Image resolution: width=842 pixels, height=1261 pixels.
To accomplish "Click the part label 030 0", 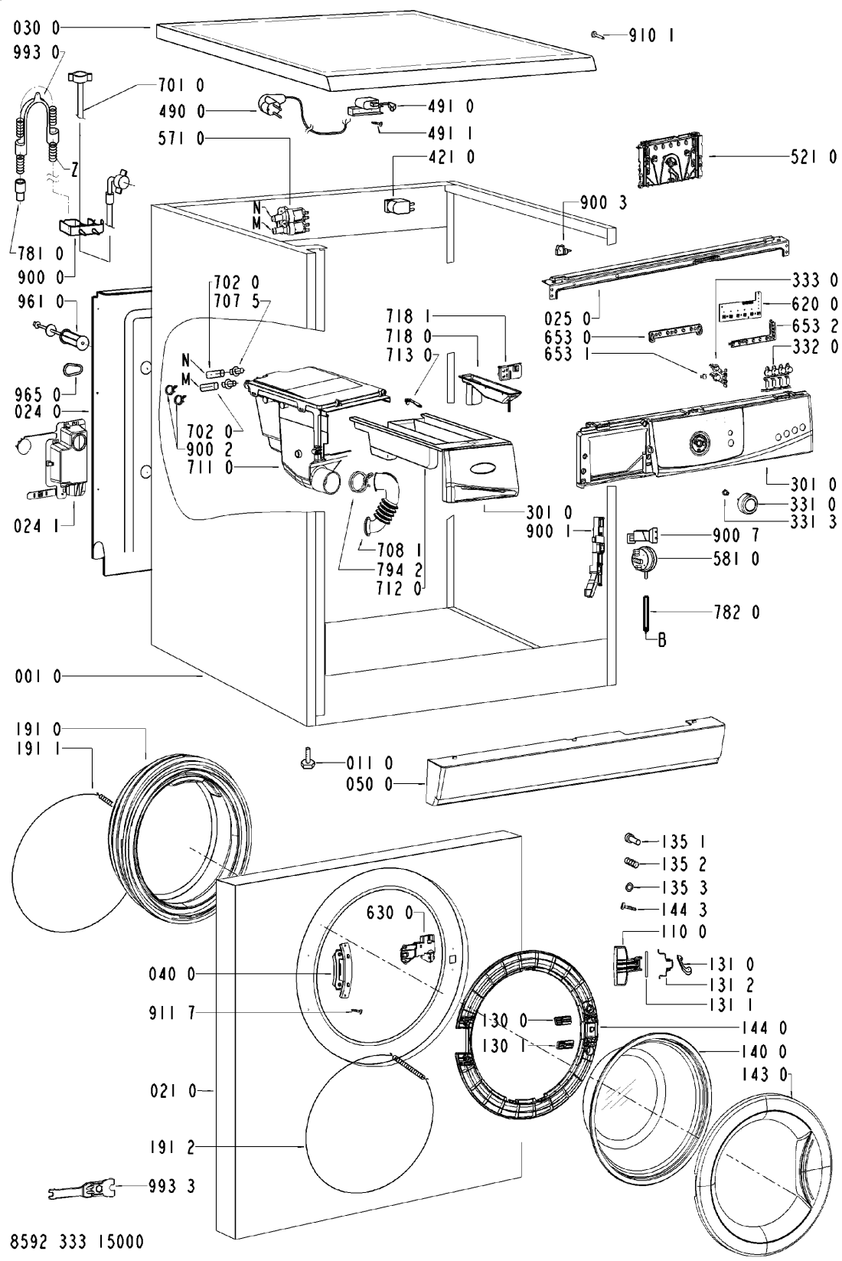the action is [37, 28].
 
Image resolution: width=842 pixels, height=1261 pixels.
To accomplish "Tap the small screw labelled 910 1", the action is [597, 35].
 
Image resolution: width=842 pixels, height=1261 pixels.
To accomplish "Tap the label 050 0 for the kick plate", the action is [369, 784].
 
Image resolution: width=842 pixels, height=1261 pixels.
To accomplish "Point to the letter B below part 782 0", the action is [662, 640].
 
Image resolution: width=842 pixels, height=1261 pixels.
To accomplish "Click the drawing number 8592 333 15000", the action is [78, 1240].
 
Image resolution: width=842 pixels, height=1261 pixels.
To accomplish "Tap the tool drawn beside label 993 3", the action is [82, 1186].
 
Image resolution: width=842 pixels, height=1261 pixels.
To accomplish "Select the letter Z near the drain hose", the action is [74, 169].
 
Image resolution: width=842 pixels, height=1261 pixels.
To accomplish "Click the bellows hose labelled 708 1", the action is [382, 503].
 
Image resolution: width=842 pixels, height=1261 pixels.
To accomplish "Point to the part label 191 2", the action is [171, 1147].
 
